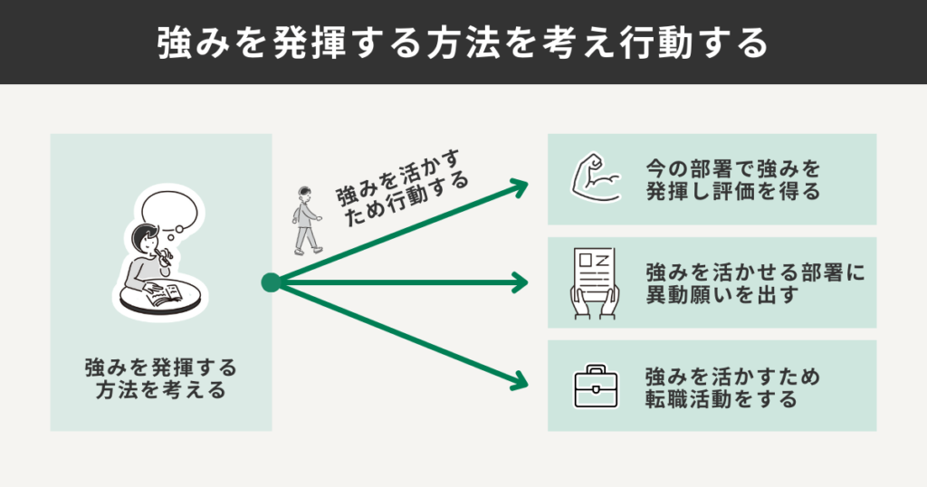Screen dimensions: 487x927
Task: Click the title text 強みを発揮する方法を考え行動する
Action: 463,43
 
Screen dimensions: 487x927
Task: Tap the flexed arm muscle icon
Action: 595,178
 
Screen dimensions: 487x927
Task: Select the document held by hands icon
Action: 594,282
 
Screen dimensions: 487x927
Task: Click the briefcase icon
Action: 595,387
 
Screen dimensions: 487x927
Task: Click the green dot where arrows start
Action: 270,282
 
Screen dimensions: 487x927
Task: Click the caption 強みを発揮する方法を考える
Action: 161,380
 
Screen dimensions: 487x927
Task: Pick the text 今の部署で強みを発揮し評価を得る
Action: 733,179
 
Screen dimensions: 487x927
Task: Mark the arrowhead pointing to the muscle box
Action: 520,186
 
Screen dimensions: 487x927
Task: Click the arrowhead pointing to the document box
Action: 520,282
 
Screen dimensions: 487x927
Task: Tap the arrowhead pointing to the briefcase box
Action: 518,380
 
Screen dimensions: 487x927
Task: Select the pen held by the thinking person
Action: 167,259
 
